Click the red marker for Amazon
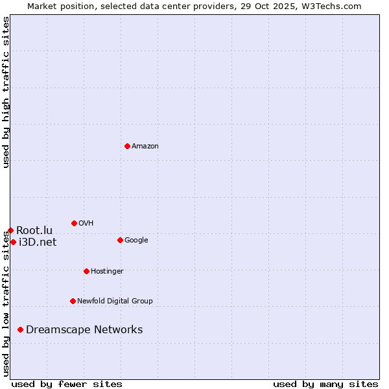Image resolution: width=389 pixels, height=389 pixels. [127, 146]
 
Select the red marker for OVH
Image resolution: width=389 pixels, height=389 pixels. [74, 223]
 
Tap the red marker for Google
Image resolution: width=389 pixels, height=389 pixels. [120, 240]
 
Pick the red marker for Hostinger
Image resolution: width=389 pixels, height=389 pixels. [86, 271]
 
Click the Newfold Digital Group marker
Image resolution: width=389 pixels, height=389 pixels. [73, 301]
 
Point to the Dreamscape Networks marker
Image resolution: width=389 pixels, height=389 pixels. [21, 329]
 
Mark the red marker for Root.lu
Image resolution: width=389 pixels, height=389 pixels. [10, 230]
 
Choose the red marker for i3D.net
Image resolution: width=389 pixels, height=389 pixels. [13, 242]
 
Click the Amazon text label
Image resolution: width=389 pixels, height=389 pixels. [145, 147]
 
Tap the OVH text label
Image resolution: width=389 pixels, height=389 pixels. [86, 224]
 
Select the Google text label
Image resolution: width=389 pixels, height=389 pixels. [136, 241]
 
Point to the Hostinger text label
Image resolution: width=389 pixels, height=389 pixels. [107, 272]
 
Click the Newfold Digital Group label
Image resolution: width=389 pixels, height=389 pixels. [115, 301]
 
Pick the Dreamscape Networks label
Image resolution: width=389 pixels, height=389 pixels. [84, 330]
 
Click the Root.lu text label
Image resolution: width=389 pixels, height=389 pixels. [34, 231]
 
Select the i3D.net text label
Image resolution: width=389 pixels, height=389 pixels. [38, 242]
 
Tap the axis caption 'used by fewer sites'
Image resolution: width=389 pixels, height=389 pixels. [67, 384]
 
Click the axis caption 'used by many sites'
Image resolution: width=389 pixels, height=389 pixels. [325, 384]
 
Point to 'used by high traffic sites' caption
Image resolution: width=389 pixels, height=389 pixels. [6, 92]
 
